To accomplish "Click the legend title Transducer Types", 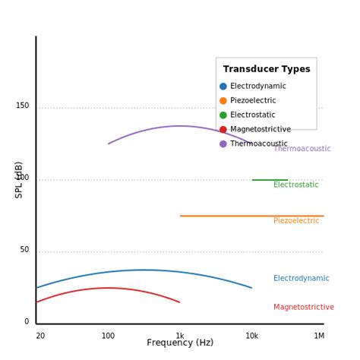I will coord(267,69).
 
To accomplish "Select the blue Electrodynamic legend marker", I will coord(223,87).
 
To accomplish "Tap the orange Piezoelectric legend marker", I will coord(223,101).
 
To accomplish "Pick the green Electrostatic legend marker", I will coord(223,115).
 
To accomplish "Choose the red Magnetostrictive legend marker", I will coord(223,130).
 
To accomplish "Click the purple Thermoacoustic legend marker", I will coord(223,144).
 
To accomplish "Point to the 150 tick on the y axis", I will coord(22,106).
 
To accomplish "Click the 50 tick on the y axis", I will coord(24,250).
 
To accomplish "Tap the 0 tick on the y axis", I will coord(27,322).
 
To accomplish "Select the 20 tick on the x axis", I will coord(40,336).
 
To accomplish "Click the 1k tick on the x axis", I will coord(180,336).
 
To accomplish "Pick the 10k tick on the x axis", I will coord(251,336).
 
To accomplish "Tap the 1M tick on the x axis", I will coord(319,336).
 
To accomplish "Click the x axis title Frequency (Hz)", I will coord(180,343).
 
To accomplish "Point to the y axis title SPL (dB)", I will coord(19,180).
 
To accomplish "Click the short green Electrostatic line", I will coord(270,180).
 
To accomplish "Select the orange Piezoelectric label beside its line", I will coord(296,221).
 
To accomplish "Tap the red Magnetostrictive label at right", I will coord(303,308).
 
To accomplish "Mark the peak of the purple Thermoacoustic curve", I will coord(180,126).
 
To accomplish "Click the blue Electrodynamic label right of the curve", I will coord(301,279).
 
